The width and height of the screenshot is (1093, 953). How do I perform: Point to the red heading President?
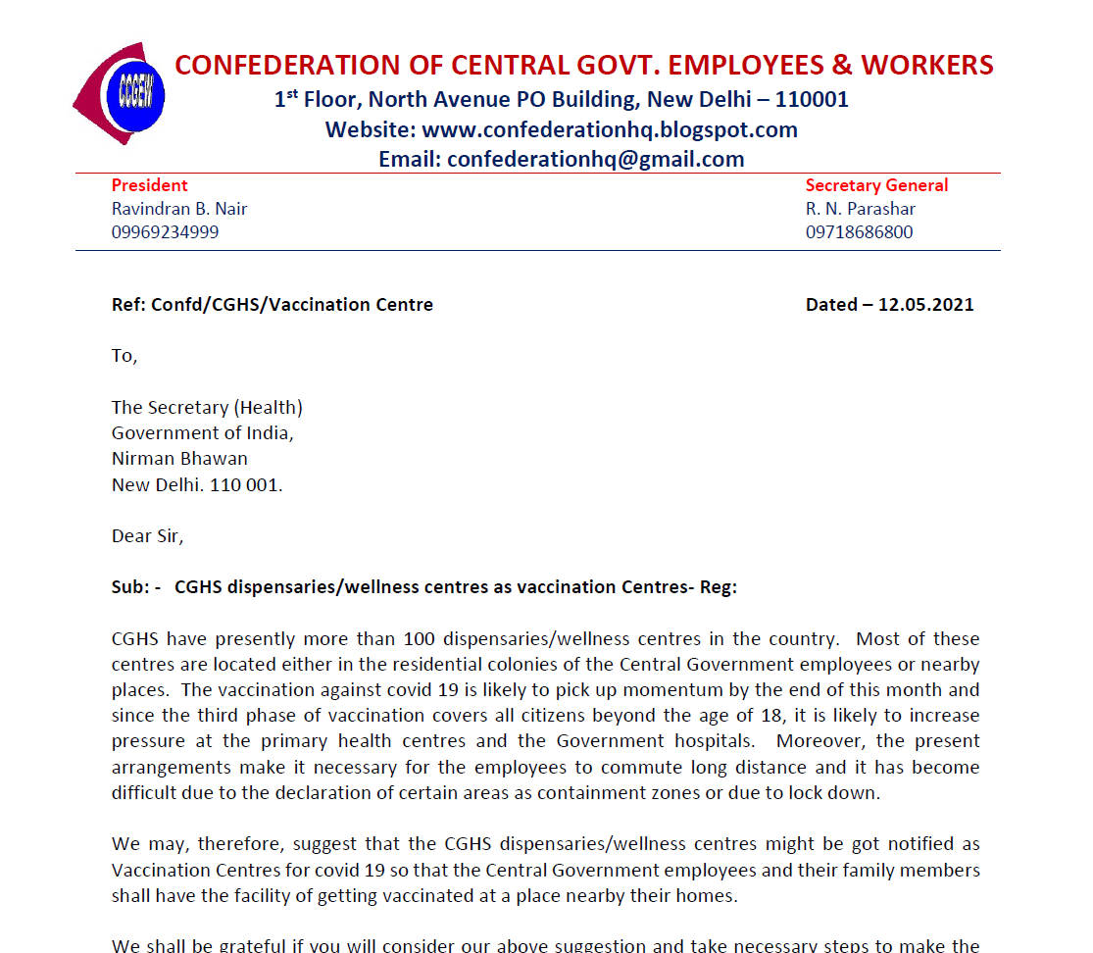coord(149,185)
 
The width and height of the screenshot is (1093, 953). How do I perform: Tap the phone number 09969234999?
coord(165,232)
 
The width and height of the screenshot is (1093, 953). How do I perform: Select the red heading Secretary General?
coord(876,185)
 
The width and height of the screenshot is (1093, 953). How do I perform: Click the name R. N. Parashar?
coord(861,209)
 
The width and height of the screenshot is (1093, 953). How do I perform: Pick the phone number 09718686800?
coord(859,232)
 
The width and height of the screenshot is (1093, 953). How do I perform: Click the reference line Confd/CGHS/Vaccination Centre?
coord(291,305)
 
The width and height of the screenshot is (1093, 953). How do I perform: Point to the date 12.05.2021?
coord(925,305)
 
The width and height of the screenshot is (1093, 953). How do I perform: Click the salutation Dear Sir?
coord(147,536)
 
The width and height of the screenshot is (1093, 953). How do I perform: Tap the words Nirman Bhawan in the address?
coord(179,458)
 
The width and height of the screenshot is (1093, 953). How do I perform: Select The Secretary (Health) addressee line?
coord(207,408)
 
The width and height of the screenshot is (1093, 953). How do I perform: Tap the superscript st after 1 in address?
coord(291,93)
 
